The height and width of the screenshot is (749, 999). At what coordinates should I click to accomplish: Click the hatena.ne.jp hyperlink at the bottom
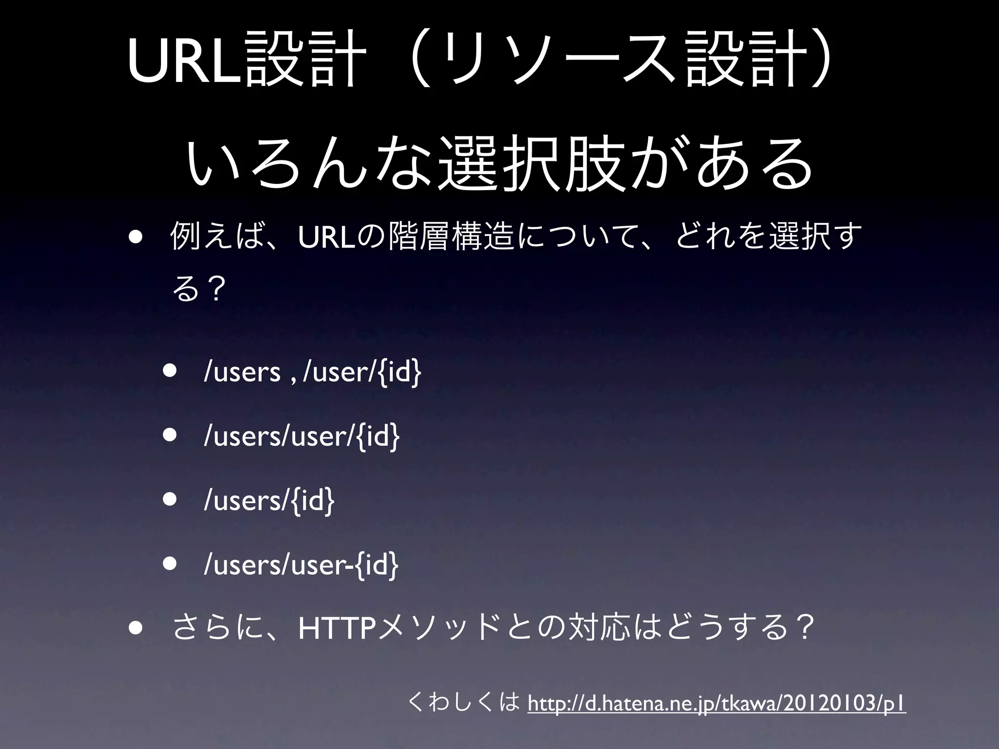tap(717, 704)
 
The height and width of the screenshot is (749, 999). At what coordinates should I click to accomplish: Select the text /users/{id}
tap(269, 501)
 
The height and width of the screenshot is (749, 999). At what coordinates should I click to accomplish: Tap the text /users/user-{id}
tap(301, 565)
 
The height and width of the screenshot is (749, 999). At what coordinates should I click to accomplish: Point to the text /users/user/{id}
tap(301, 436)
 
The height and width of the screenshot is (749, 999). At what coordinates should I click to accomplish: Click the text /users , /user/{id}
tap(312, 372)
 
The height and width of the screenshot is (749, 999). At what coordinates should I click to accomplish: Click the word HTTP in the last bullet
tap(337, 629)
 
